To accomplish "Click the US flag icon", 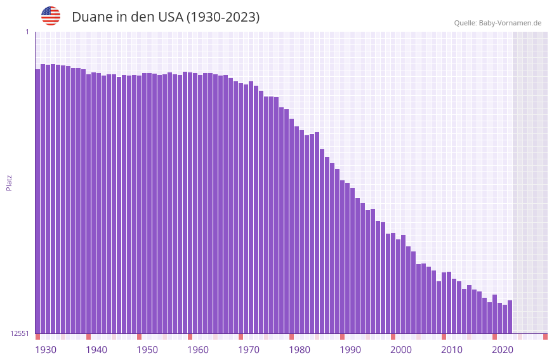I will pyautogui.click(x=51, y=16).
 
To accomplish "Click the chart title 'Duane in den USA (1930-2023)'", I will pyautogui.click(x=166, y=17).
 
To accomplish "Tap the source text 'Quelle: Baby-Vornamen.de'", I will pyautogui.click(x=498, y=23).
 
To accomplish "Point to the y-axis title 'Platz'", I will pyautogui.click(x=9, y=182).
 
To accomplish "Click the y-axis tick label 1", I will pyautogui.click(x=27, y=32).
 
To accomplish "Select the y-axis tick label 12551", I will pyautogui.click(x=20, y=333).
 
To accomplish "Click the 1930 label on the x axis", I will pyautogui.click(x=46, y=349).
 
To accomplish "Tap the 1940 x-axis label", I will pyautogui.click(x=96, y=349).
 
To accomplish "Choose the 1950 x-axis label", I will pyautogui.click(x=147, y=349).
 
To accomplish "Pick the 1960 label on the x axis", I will pyautogui.click(x=198, y=349).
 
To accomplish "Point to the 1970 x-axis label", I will pyautogui.click(x=249, y=349).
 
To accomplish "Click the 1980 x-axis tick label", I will pyautogui.click(x=300, y=349).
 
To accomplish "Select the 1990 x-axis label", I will pyautogui.click(x=350, y=349).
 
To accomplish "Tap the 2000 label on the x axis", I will pyautogui.click(x=401, y=349).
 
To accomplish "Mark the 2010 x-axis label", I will pyautogui.click(x=452, y=349).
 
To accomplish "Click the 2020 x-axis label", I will pyautogui.click(x=503, y=349).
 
